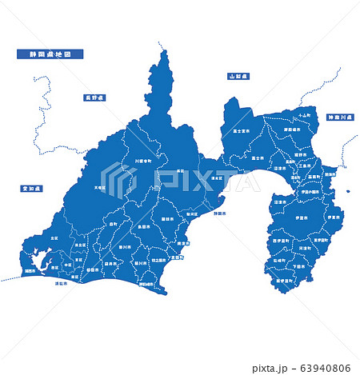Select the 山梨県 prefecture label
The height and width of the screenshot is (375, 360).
pyautogui.click(x=238, y=76)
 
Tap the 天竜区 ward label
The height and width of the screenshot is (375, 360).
pyautogui.click(x=99, y=188)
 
